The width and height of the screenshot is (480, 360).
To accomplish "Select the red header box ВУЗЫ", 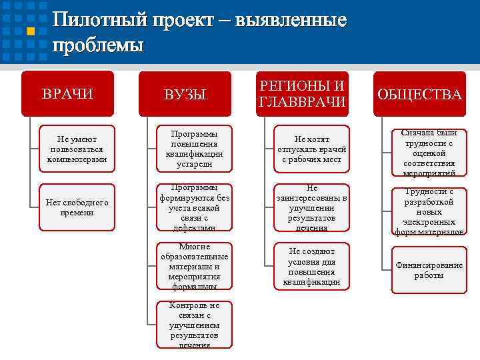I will click(185, 95).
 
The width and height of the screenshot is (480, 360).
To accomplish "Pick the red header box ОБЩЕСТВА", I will click(419, 94).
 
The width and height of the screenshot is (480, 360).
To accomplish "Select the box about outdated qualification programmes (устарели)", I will click(194, 149).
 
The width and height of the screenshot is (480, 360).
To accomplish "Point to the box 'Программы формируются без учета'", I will click(194, 207).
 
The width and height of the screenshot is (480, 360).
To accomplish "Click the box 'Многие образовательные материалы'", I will click(194, 266).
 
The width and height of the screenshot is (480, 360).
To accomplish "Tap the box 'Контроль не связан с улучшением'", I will click(194, 325).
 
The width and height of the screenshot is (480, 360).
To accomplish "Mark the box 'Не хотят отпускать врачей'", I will click(311, 149).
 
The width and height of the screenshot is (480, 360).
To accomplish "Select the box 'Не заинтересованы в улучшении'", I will click(311, 207).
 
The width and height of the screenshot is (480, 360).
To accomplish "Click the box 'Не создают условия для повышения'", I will click(311, 266).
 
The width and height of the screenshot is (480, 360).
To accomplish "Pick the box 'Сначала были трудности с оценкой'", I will click(429, 153).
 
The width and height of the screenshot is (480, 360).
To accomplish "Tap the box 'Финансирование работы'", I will click(429, 270).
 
